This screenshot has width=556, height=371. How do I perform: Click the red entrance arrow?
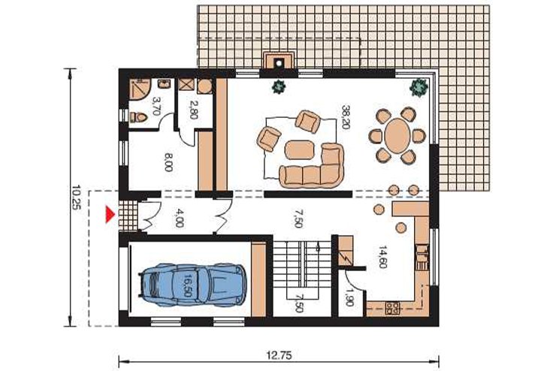tap(111, 215)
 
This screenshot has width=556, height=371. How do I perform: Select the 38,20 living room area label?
tap(346, 117)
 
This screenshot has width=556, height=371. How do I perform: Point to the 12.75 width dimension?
tap(280, 355)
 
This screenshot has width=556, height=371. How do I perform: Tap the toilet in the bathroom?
tap(138, 116)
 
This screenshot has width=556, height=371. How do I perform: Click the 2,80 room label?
tap(194, 110)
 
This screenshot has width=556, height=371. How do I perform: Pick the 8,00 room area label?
tap(169, 163)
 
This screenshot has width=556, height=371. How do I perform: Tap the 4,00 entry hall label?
tap(180, 218)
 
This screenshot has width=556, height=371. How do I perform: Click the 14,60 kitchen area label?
tap(382, 257)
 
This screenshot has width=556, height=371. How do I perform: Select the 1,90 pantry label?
tap(349, 296)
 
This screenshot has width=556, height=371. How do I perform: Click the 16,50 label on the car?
tap(187, 285)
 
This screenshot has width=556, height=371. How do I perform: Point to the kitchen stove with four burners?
tap(392, 308)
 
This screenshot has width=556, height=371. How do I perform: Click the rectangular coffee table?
tap(300, 149)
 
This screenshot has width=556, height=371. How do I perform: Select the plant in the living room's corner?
tap(419, 86)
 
